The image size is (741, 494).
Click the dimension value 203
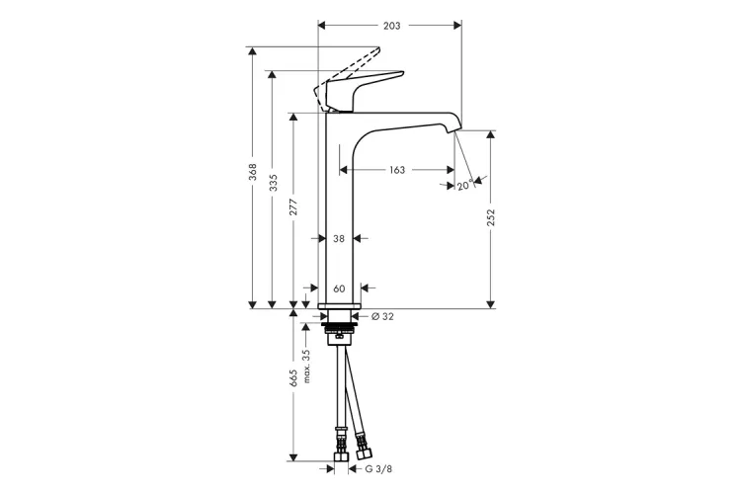(391, 26)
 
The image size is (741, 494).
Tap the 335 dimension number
(273, 184)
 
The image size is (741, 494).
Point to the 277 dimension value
(293, 209)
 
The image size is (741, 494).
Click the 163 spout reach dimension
(397, 170)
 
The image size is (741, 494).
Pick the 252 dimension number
(491, 218)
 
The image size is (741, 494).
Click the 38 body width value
(339, 238)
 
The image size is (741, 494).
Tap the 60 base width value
(339, 288)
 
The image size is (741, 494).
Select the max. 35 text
(306, 365)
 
